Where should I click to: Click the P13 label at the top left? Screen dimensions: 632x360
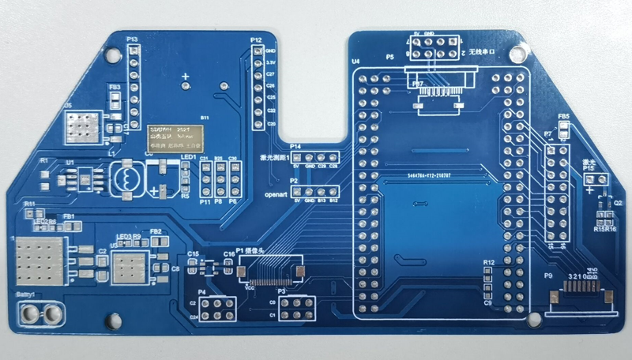(x=132, y=39)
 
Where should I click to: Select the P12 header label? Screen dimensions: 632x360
(x=256, y=39)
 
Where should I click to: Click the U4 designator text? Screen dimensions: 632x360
(x=355, y=61)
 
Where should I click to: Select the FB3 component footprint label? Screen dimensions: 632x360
(x=115, y=87)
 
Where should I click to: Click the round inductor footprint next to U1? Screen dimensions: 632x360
(x=124, y=178)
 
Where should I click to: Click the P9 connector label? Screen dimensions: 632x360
(x=548, y=276)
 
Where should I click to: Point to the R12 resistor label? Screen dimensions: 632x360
(x=488, y=261)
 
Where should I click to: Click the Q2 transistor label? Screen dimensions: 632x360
(x=608, y=203)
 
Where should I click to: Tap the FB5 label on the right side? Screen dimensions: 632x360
(x=563, y=118)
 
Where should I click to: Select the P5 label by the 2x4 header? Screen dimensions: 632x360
(x=389, y=58)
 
